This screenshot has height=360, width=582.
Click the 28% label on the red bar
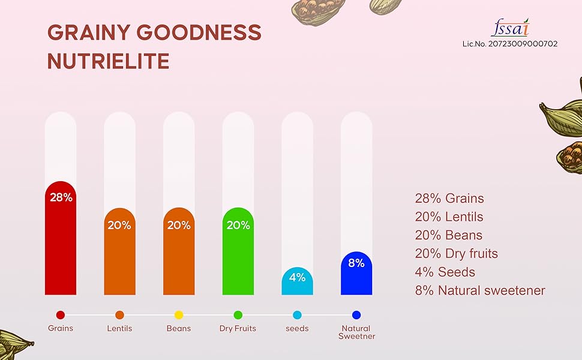pyautogui.click(x=61, y=197)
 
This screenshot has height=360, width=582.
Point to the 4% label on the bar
pyautogui.click(x=297, y=277)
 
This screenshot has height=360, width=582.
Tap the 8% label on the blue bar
pyautogui.click(x=356, y=263)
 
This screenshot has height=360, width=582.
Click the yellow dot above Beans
pyautogui.click(x=179, y=315)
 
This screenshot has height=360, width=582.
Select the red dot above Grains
pyautogui.click(x=60, y=315)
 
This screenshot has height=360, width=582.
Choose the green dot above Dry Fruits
pyautogui.click(x=238, y=315)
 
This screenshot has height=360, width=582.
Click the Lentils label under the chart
pyautogui.click(x=119, y=328)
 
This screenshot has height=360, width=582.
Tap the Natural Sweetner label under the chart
pyautogui.click(x=356, y=332)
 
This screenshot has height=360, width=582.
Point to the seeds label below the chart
pyautogui.click(x=297, y=328)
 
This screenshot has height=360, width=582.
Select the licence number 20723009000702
pyautogui.click(x=509, y=44)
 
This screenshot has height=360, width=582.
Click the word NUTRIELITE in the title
pyautogui.click(x=108, y=61)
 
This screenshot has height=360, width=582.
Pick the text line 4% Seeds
pyautogui.click(x=445, y=272)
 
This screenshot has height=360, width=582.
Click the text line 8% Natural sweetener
pyautogui.click(x=479, y=290)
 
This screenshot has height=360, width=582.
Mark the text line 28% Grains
pyautogui.click(x=449, y=198)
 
